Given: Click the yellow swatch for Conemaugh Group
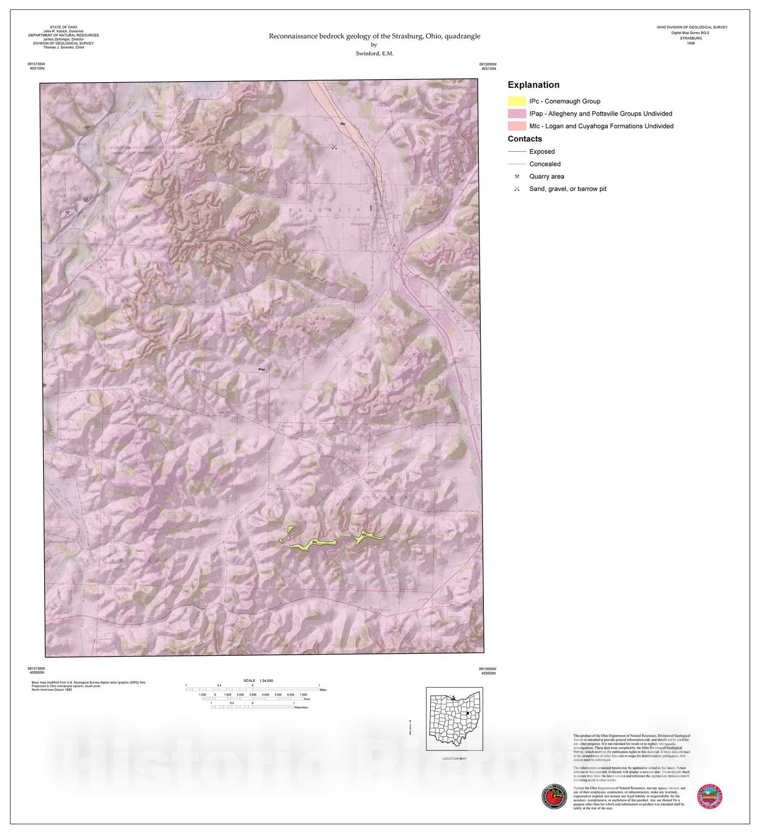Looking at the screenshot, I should pos(517,101).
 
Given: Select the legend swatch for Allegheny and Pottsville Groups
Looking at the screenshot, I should pos(517,114).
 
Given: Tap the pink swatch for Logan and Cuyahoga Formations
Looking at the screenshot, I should pos(517,126).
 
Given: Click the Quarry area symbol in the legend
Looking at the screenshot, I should pos(517,177).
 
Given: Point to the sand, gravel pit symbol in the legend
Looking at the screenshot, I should pos(517,189).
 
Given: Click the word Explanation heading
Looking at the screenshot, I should pos(533,85).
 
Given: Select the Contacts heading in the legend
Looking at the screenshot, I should pos(524,139).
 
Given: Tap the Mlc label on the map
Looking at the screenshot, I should pos(343,124).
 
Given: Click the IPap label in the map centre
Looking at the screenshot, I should pos(262,369).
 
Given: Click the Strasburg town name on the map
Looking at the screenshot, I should pos(360,224).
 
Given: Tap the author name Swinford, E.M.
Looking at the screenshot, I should pos(374,54).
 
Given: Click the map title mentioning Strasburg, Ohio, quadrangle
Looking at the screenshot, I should pos(374,36).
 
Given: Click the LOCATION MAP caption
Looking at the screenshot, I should pos(454,758).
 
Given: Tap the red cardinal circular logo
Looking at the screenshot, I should pos(554,797).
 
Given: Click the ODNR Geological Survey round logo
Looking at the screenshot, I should pos(710,797).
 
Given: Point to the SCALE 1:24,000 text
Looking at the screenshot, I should pos(258,681).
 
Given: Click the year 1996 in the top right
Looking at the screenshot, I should pos(691,43).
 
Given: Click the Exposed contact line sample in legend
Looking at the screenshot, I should pos(517,152).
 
